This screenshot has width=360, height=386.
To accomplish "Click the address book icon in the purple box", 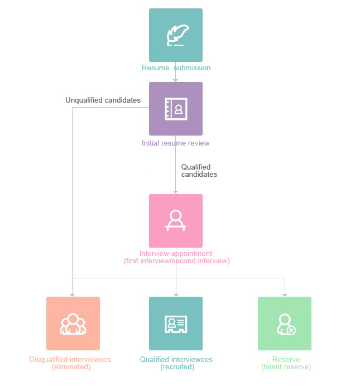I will pos(176,109).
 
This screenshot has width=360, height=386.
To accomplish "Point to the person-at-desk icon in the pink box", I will pos(176,220).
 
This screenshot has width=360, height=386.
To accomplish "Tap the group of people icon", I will pos(73,324).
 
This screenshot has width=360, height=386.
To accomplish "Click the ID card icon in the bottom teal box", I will pos(176,324).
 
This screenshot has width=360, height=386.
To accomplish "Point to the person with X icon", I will pos(286,324).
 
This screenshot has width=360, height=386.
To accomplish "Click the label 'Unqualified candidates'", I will pos(103,100).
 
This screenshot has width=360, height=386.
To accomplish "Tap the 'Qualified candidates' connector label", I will pos(199,171).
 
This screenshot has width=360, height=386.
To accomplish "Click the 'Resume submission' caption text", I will pos(176,68).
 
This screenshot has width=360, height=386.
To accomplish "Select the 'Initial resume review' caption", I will pos(176,143).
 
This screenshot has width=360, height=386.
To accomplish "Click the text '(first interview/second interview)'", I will pos(176,261).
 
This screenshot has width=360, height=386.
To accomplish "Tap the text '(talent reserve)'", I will pos(286,367).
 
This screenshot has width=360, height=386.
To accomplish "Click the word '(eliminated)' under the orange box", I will pos(71,367).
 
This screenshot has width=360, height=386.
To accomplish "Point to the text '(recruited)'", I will pos(177,367).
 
